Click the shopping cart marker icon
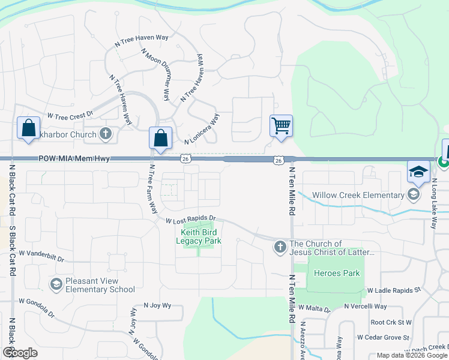tap(281, 126)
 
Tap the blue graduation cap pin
tap(418, 172)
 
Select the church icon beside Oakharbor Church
tap(106, 134)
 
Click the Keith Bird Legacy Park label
tap(199, 236)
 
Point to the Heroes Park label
tap(337, 274)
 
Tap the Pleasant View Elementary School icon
tap(56, 283)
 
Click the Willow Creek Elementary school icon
tap(413, 194)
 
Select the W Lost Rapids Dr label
tap(191, 219)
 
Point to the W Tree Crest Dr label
tap(71, 115)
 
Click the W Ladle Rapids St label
tap(394, 290)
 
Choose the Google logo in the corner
tap(20, 353)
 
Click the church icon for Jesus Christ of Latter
tap(280, 247)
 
